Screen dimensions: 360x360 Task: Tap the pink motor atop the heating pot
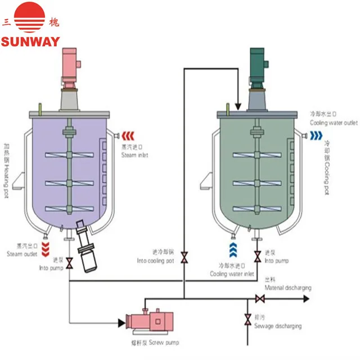coord(70,70)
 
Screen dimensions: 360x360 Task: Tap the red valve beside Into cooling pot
coord(184,258)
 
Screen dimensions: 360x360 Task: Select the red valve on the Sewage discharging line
coord(247,319)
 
